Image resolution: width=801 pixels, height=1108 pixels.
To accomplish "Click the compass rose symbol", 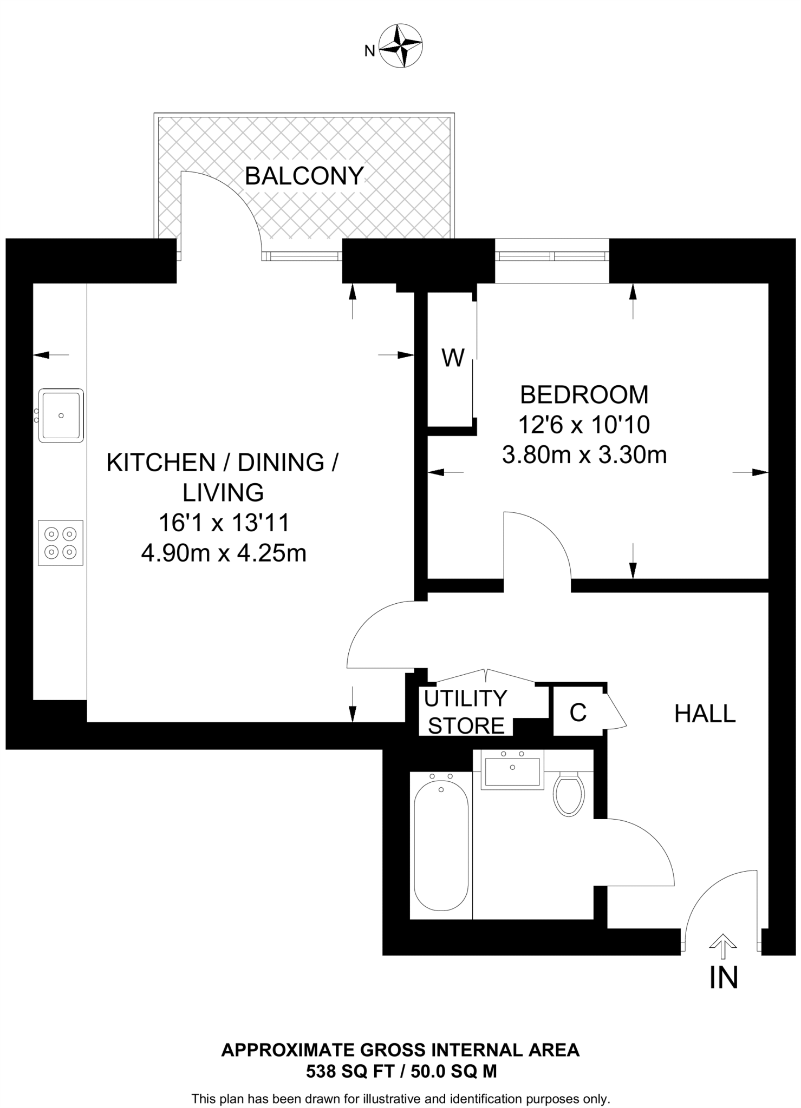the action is tap(401, 45).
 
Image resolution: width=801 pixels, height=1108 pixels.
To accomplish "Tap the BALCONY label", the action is tap(304, 176).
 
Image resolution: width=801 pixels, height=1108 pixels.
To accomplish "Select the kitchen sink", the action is tap(61, 415).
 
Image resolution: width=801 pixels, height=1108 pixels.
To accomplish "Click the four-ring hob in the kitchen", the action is tap(61, 543).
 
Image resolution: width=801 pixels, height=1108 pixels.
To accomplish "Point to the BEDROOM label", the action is tap(584, 395).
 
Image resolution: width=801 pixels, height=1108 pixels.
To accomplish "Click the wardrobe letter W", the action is tap(453, 358).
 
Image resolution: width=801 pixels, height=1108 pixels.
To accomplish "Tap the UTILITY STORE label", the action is tap(466, 712).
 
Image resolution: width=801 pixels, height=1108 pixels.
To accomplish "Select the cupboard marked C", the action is tap(578, 712).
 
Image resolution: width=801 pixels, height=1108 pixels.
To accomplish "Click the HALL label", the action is tap(705, 714).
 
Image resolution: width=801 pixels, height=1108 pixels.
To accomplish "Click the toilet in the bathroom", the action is tap(569, 794).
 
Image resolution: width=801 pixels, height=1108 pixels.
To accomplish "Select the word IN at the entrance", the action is tap(724, 978).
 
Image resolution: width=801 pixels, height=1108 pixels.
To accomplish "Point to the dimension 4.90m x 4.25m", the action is tap(224, 553).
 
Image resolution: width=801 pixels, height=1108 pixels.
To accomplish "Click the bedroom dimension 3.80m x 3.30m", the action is tap(584, 455).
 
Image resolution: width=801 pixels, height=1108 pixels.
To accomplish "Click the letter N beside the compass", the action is tap(370, 51).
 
